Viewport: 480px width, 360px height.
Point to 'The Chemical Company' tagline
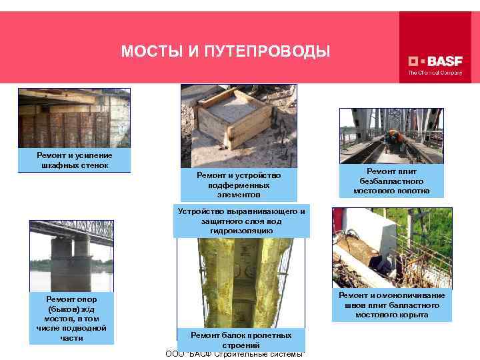435,73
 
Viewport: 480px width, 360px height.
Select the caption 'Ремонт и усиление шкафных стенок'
74,160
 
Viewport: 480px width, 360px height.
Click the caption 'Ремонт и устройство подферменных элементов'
239,185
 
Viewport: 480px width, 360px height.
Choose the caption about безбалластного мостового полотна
391,181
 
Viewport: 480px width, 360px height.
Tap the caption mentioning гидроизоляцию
241,221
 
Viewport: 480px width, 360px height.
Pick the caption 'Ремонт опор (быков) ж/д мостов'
72,317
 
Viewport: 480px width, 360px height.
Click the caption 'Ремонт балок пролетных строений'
241,340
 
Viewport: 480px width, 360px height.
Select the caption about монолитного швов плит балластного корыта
392,305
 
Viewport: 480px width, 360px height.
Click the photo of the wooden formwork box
238,123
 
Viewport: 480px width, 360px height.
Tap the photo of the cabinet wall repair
74,119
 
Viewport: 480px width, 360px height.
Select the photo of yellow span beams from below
241,280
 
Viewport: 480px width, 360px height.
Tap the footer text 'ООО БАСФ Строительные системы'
235,353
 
